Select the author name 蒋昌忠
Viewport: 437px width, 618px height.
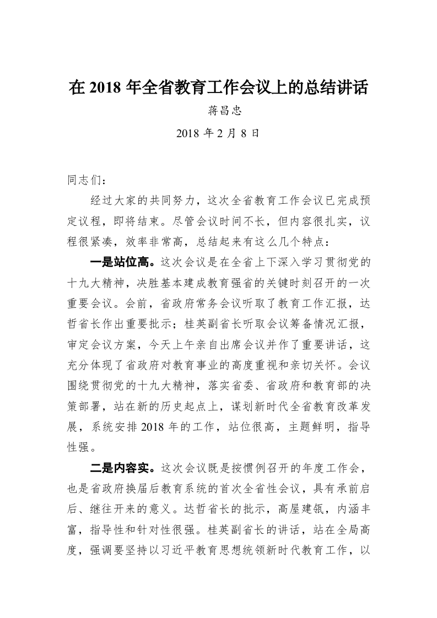pyautogui.click(x=218, y=111)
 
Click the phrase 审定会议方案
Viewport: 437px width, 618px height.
pyautogui.click(x=102, y=345)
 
